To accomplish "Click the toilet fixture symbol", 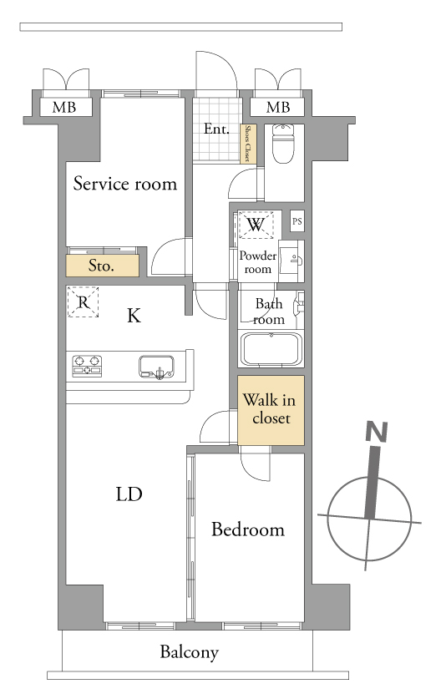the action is (284, 144).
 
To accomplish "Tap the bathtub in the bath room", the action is (271, 349).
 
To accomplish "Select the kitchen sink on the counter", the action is (156, 367).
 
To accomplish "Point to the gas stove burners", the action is (87, 366).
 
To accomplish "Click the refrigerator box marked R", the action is (83, 302).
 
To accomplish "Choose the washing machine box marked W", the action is (256, 225).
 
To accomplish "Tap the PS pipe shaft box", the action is (297, 221).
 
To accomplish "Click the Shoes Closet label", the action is (247, 144).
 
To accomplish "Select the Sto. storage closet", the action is (102, 266).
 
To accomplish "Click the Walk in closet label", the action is (270, 408).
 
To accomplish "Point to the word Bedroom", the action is (248, 529).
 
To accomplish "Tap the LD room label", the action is (129, 494).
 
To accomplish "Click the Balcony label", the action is (189, 652).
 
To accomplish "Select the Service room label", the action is (125, 184).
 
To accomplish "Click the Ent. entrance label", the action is (216, 129).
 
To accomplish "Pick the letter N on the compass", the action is (377, 431).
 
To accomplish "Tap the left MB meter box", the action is (64, 108).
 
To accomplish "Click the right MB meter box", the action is (278, 108).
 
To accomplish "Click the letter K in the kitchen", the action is (134, 316).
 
